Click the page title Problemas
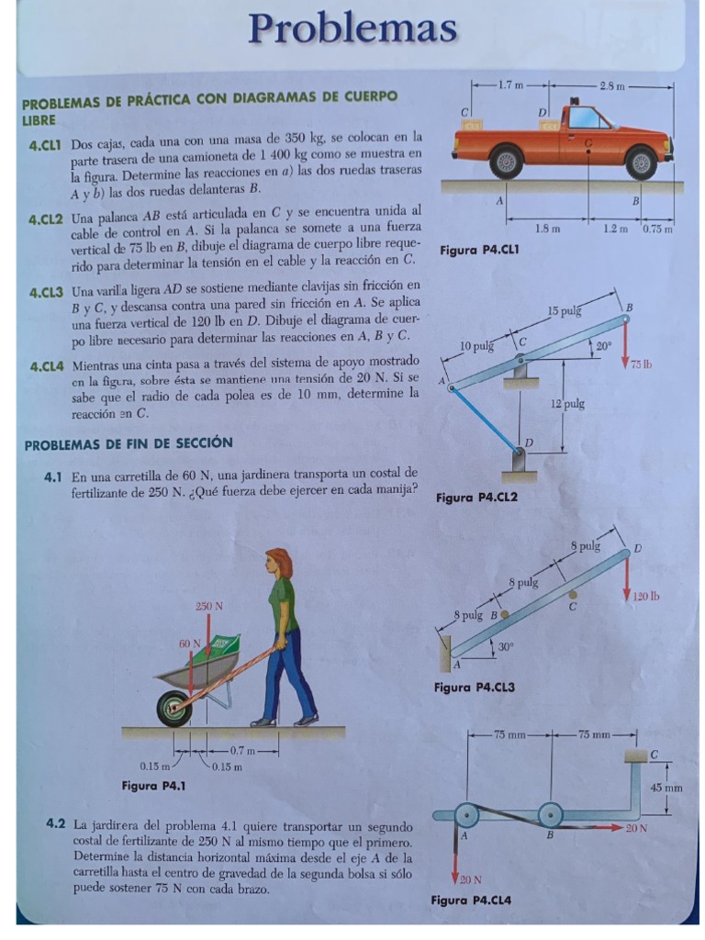(x=353, y=30)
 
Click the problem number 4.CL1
(x=44, y=145)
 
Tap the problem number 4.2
(x=56, y=823)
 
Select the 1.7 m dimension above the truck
(x=510, y=85)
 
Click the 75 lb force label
(x=640, y=364)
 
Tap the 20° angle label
(x=602, y=346)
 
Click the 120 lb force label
(x=647, y=596)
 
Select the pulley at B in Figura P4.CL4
(x=550, y=813)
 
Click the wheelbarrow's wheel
(x=173, y=708)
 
